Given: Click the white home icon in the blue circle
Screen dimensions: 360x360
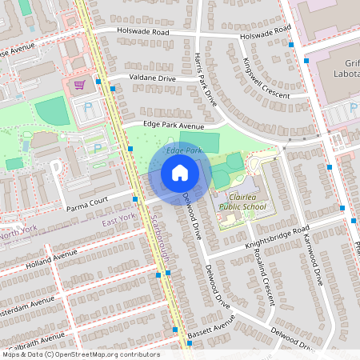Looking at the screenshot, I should pos(180,172).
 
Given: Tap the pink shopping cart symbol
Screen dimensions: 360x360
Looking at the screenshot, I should pos(79,85).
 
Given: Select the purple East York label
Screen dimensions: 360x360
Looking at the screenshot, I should pos(118,218).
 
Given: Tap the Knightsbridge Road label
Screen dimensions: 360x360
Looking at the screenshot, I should pos(276,234).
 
